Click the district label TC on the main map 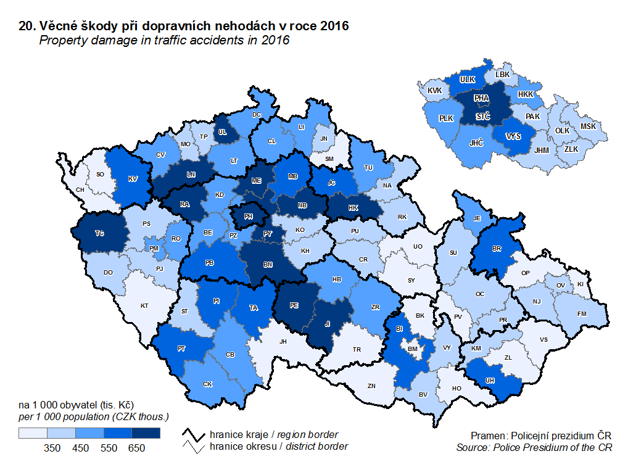pyautogui.click(x=99, y=233)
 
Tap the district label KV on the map pyautogui.click(x=132, y=179)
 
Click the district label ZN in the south pyautogui.click(x=371, y=386)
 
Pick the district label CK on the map pyautogui.click(x=207, y=384)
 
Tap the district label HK pyautogui.click(x=353, y=208)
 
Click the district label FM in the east pyautogui.click(x=581, y=313)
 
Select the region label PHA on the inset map pyautogui.click(x=482, y=98)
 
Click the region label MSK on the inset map pyautogui.click(x=589, y=126)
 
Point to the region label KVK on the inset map pyautogui.click(x=434, y=91)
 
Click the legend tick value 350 pyautogui.click(x=52, y=448)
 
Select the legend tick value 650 pyautogui.click(x=136, y=448)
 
